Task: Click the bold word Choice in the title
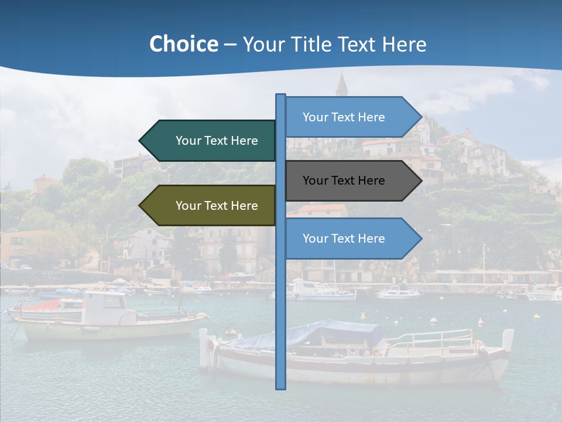coord(183,44)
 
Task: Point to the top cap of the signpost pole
coord(280,96)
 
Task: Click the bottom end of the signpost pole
coord(280,386)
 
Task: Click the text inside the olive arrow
coord(217,206)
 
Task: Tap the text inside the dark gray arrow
coord(344,181)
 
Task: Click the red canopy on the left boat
coord(47,305)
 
